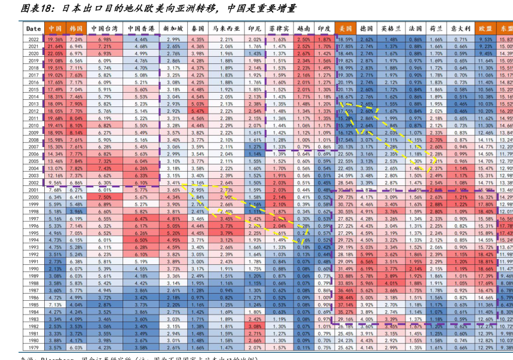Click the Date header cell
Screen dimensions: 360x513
pyautogui.click(x=33, y=28)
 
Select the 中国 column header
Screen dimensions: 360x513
pyautogui.click(x=55, y=28)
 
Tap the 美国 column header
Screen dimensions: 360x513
pyautogui.click(x=345, y=28)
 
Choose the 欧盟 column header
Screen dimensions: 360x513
pyautogui.click(x=485, y=28)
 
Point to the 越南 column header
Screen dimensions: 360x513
pyautogui.click(x=303, y=28)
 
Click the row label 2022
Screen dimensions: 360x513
pyautogui.click(x=33, y=39)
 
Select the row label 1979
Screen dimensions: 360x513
pyautogui.click(x=33, y=347)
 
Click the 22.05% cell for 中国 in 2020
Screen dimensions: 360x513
pyautogui.click(x=55, y=53)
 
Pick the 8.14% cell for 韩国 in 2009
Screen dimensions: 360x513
pyautogui.click(x=76, y=132)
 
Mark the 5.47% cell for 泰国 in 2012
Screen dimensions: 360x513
pyautogui.click(x=197, y=111)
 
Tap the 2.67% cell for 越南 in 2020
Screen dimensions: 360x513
pyautogui.click(x=303, y=53)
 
